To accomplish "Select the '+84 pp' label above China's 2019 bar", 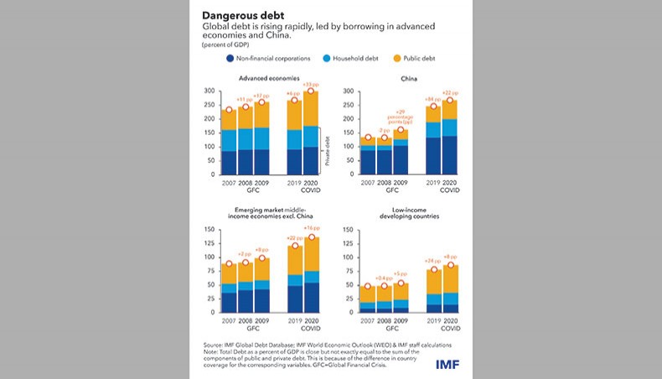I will click(x=433, y=99).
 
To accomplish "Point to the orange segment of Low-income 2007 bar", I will click(x=367, y=293).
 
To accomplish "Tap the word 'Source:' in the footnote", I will click(x=214, y=344).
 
